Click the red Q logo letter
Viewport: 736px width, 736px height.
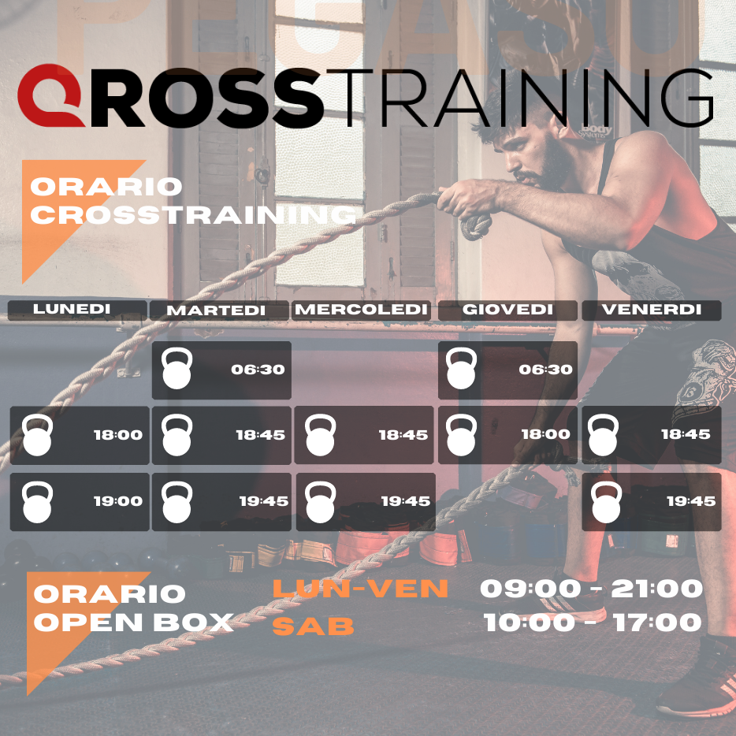35,96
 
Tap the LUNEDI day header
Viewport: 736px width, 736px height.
72,309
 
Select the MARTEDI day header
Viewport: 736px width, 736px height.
216,310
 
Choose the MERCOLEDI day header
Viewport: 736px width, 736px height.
361,310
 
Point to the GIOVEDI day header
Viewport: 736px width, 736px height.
507,310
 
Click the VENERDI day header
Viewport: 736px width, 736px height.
652,310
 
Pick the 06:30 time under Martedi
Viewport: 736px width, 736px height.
258,370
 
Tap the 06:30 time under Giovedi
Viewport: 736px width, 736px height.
545,370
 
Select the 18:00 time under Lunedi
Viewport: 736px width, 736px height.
118,435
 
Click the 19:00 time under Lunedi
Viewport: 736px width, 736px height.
118,501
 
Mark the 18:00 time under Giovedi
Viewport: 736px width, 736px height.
546,434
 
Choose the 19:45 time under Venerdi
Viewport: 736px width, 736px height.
691,502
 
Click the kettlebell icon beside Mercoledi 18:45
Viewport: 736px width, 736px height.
320,435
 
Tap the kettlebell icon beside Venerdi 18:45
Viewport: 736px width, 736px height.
603,435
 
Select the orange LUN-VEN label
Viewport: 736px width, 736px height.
360,588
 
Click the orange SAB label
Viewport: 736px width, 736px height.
313,626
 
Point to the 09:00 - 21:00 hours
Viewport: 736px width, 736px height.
592,588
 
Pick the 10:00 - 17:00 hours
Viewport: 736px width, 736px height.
593,623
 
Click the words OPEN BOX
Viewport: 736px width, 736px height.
134,623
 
